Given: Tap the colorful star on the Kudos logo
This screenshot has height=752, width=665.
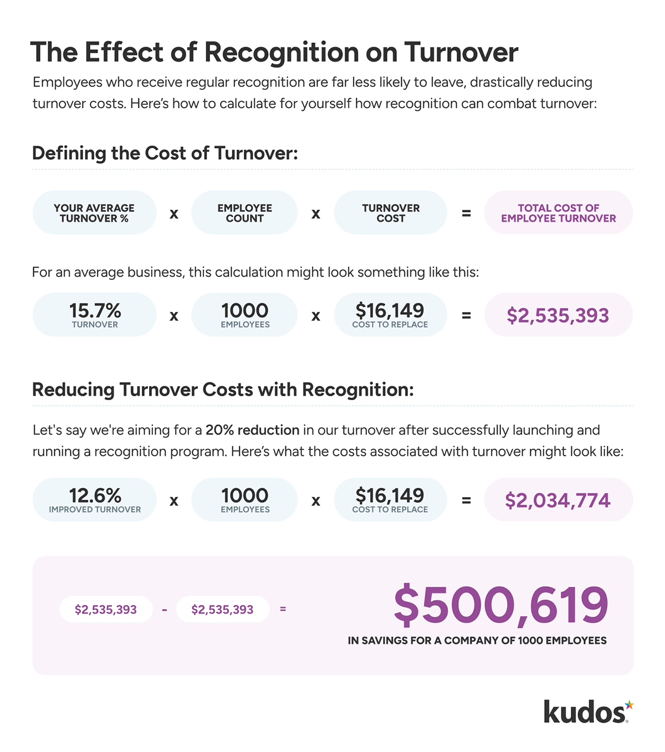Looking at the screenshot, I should click(629, 705).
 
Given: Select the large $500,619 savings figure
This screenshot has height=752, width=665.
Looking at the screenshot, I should click(501, 605).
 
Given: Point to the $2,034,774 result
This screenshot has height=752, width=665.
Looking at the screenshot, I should click(558, 500).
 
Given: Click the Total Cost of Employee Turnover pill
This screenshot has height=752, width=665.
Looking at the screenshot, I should click(558, 213).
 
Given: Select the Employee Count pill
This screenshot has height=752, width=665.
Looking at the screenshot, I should click(244, 213).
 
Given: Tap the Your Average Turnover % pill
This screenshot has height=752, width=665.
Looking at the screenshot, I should click(94, 213).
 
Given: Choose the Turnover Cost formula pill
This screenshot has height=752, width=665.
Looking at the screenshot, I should click(391, 213).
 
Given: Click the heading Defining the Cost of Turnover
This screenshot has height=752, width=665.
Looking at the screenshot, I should click(165, 153).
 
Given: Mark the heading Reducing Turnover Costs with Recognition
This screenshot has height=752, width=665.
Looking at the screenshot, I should click(223, 390).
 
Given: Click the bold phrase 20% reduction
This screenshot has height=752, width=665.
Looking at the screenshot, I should click(252, 430).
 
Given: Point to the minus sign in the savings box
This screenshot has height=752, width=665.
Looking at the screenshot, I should click(165, 610).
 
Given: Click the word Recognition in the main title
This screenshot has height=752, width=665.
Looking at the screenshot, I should click(282, 53).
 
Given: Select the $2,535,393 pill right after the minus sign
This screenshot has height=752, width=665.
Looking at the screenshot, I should click(222, 610).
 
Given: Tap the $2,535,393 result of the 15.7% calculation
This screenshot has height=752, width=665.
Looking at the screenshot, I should click(558, 315).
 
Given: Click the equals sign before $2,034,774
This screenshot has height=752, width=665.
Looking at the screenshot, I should click(466, 500).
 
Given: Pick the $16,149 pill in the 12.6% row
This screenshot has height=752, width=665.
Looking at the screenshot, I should click(390, 500).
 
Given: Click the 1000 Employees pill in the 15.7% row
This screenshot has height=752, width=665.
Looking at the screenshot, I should click(244, 315).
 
